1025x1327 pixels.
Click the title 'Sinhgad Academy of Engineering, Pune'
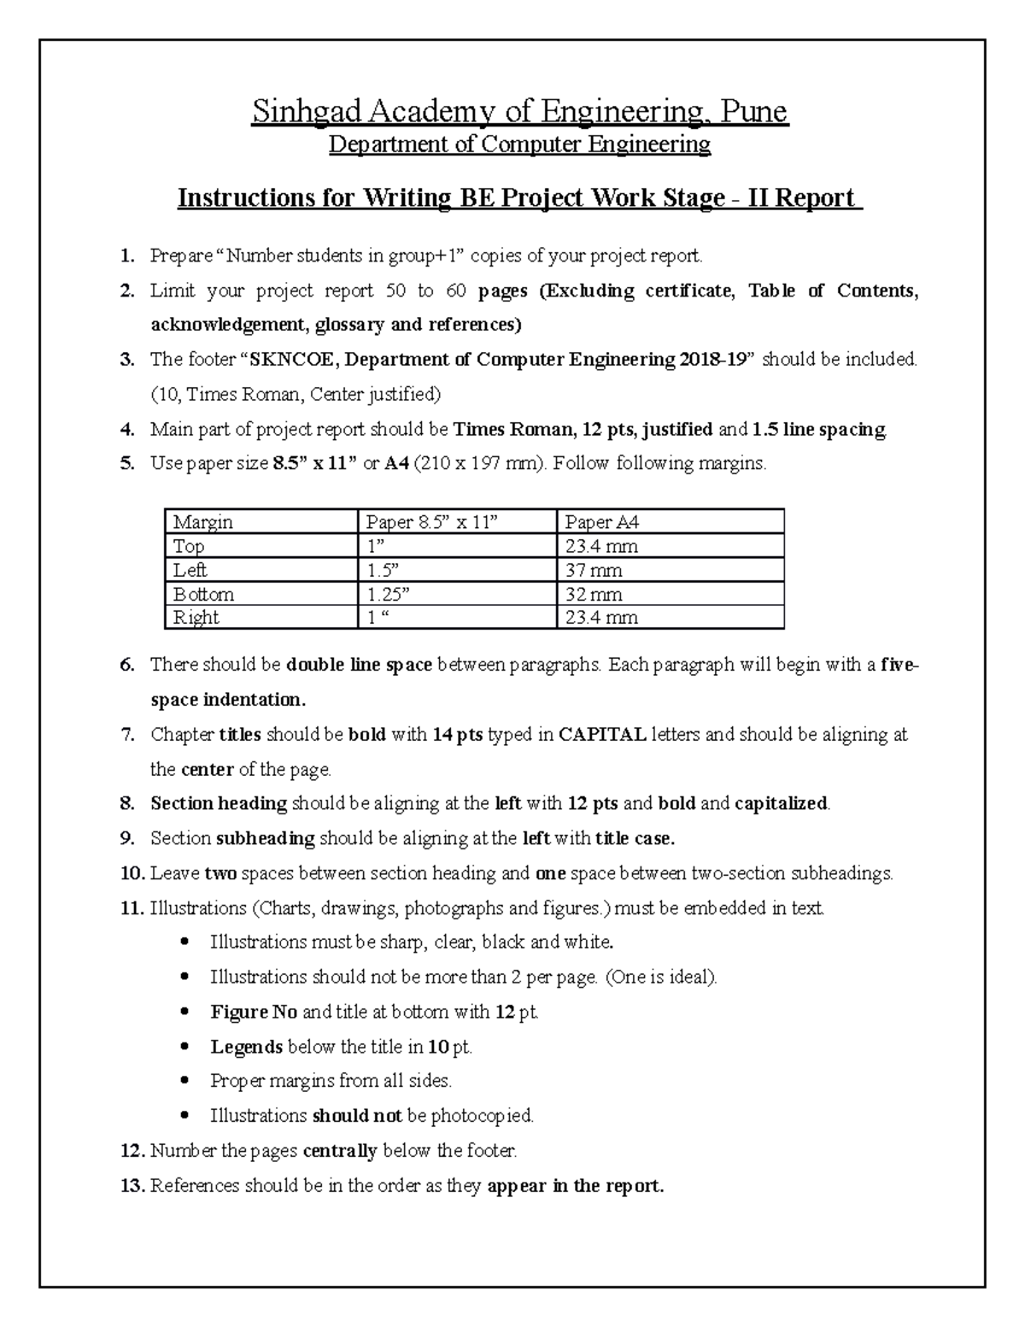click(x=518, y=112)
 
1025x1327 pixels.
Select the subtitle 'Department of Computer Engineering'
click(x=519, y=144)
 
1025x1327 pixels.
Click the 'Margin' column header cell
click(x=202, y=522)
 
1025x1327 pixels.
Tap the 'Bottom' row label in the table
click(x=203, y=594)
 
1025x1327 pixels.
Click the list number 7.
click(x=127, y=735)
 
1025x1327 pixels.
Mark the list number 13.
click(x=132, y=1186)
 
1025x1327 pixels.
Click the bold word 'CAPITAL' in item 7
click(x=601, y=735)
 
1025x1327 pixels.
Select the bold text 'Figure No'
click(x=254, y=1013)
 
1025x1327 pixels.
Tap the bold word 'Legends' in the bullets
click(x=246, y=1047)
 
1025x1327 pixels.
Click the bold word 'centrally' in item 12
click(x=340, y=1151)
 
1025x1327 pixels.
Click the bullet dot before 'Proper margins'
click(x=185, y=1081)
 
